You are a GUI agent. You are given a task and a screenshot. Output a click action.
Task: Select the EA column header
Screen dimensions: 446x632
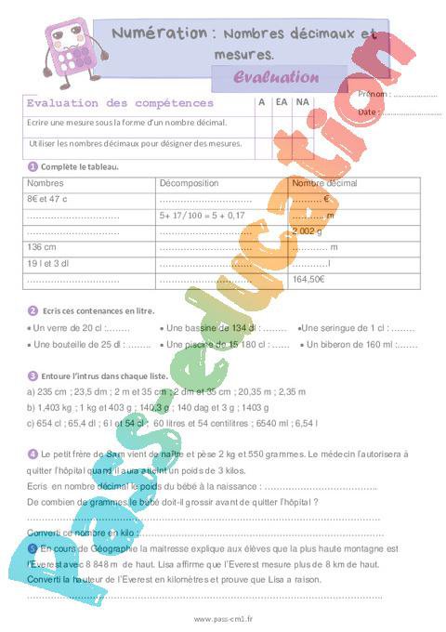click(281, 102)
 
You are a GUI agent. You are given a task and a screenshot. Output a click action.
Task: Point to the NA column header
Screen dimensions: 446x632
click(302, 102)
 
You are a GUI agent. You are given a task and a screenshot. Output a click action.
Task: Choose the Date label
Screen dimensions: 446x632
click(368, 112)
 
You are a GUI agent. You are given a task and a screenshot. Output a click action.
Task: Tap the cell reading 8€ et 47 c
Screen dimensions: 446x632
click(48, 199)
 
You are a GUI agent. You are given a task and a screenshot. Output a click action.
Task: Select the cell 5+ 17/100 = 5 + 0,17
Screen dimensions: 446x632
click(202, 215)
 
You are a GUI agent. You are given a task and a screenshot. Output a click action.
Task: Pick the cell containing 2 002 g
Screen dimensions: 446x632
click(308, 230)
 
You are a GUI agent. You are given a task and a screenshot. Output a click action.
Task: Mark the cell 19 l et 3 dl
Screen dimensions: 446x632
click(49, 263)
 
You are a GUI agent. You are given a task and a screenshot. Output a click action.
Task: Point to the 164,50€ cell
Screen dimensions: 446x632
click(308, 279)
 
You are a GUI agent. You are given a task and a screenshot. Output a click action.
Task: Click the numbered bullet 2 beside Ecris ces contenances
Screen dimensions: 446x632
click(33, 310)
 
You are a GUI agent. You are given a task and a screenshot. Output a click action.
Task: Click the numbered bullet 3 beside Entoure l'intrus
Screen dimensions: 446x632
click(33, 375)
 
